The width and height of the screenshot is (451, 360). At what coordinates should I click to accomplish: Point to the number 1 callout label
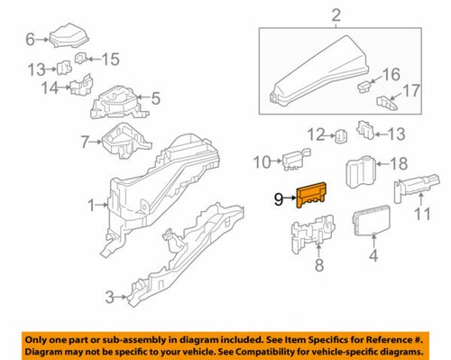click(x=91, y=206)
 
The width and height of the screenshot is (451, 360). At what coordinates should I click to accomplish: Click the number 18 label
click(x=397, y=164)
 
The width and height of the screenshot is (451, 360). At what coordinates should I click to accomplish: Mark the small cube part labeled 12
click(x=341, y=137)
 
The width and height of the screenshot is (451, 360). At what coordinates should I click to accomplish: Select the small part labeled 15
click(x=82, y=60)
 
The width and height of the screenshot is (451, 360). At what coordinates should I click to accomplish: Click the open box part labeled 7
click(x=116, y=143)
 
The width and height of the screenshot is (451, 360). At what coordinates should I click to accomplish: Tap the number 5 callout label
click(x=155, y=98)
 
